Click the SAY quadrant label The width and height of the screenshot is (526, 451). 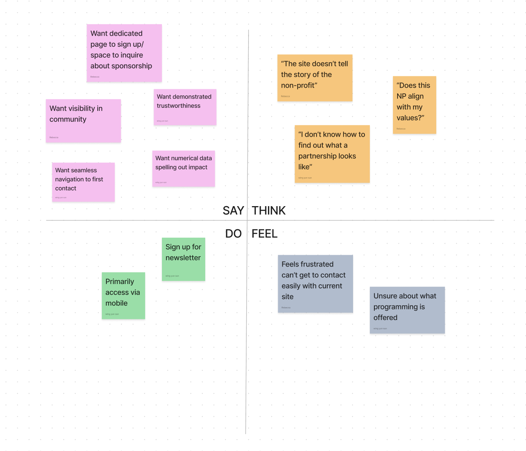pyautogui.click(x=233, y=211)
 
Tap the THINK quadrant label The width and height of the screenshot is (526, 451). pyautogui.click(x=269, y=211)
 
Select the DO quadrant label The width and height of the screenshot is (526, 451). pyautogui.click(x=233, y=234)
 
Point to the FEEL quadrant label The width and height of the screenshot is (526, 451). pyautogui.click(x=265, y=234)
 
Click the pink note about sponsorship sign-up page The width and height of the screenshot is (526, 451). pyautogui.click(x=124, y=53)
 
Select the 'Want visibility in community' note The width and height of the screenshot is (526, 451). pyautogui.click(x=83, y=121)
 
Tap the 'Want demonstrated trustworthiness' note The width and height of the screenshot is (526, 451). pyautogui.click(x=185, y=107)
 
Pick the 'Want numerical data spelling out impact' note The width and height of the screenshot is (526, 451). pyautogui.click(x=184, y=169)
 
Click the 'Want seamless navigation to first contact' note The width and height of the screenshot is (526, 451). pyautogui.click(x=83, y=182)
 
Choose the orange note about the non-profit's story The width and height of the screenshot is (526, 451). pyautogui.click(x=315, y=78)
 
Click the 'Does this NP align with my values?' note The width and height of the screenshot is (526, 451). pyautogui.click(x=414, y=105)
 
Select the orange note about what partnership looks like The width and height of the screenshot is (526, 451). pyautogui.click(x=332, y=154)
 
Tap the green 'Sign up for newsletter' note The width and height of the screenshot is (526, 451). pyautogui.click(x=184, y=259)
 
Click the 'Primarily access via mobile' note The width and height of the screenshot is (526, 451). pyautogui.click(x=124, y=295)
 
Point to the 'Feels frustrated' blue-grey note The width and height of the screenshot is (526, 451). pyautogui.click(x=315, y=284)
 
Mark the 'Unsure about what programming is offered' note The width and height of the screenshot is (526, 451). pyautogui.click(x=407, y=310)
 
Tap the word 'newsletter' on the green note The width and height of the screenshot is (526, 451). pyautogui.click(x=183, y=258)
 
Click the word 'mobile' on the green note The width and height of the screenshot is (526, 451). pyautogui.click(x=116, y=303)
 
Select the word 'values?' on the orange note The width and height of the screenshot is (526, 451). pyautogui.click(x=410, y=118)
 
